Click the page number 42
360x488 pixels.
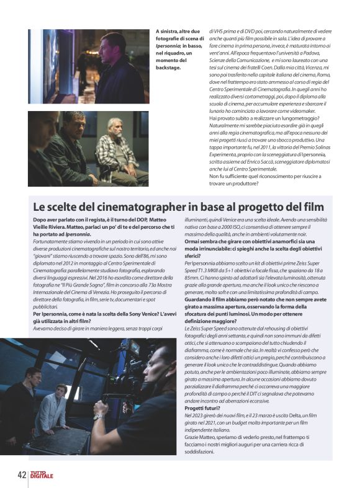click(21, 475)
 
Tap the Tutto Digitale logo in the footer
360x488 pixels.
click(43, 476)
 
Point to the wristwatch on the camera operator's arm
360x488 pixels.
click(97, 417)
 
